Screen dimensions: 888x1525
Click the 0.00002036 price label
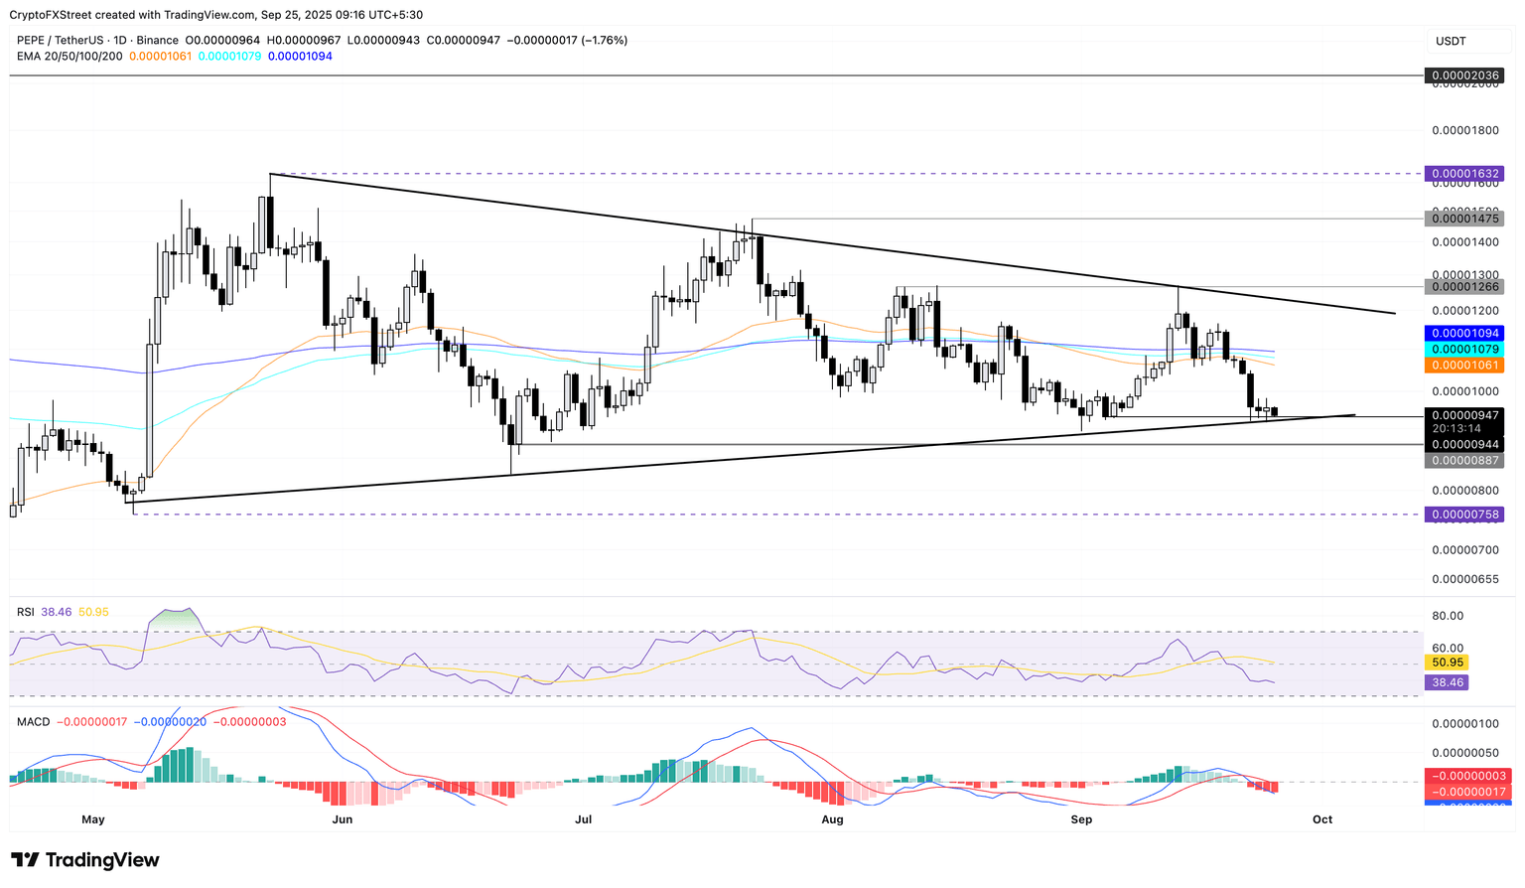pyautogui.click(x=1463, y=75)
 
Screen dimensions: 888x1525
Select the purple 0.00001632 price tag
pyautogui.click(x=1463, y=174)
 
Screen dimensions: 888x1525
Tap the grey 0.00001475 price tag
pyautogui.click(x=1463, y=219)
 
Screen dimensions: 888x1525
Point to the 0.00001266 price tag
pyautogui.click(x=1463, y=287)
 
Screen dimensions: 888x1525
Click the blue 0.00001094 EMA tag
pyautogui.click(x=1463, y=334)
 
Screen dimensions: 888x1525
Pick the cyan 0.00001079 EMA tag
pyautogui.click(x=1463, y=350)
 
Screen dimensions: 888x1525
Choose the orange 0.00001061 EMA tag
pyautogui.click(x=1463, y=366)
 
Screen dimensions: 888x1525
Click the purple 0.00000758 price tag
pyautogui.click(x=1463, y=515)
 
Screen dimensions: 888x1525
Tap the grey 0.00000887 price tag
pyautogui.click(x=1463, y=461)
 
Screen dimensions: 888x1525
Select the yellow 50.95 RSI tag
pyautogui.click(x=1446, y=663)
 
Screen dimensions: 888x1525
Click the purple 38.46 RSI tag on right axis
pyautogui.click(x=1446, y=683)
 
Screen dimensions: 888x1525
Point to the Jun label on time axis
pyautogui.click(x=343, y=819)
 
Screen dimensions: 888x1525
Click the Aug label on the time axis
pyautogui.click(x=832, y=819)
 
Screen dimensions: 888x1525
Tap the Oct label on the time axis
pyautogui.click(x=1321, y=819)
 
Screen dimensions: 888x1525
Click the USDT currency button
pyautogui.click(x=1451, y=41)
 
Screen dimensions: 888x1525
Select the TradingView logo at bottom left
pyautogui.click(x=85, y=860)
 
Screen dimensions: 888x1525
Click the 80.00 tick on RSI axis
pyautogui.click(x=1447, y=616)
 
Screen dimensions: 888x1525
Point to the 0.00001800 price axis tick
pyautogui.click(x=1464, y=130)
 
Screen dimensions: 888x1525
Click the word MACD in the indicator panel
pyautogui.click(x=33, y=721)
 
